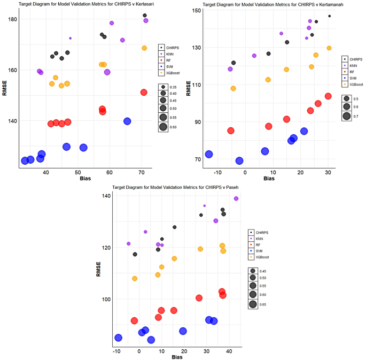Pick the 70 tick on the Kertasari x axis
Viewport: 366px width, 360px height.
tap(142, 172)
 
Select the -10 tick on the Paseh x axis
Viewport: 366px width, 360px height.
tap(116, 351)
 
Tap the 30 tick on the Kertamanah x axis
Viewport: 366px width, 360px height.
tap(328, 172)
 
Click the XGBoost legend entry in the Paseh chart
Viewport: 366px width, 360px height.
tap(261, 257)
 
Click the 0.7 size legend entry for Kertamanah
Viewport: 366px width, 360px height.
tap(355, 116)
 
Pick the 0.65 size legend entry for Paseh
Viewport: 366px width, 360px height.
tap(259, 304)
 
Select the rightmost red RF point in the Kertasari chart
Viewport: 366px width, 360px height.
tap(143, 93)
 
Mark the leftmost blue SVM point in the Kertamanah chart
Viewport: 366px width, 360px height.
tap(209, 154)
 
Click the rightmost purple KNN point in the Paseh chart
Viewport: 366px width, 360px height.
tap(236, 198)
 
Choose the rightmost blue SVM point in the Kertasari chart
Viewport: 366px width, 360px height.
tap(127, 121)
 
